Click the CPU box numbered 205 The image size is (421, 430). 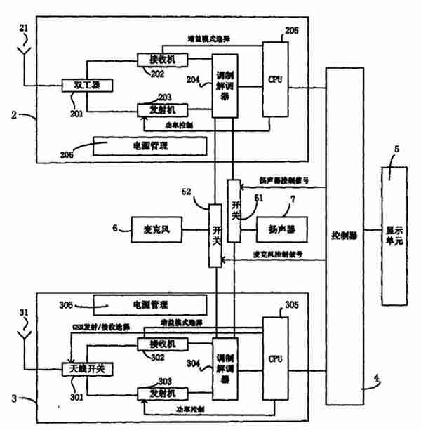pos(275,79)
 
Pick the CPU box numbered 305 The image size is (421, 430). pos(274,358)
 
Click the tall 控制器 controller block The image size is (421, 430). pos(344,236)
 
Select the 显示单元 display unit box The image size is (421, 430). pos(394,236)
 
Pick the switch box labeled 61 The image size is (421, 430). pos(234,209)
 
